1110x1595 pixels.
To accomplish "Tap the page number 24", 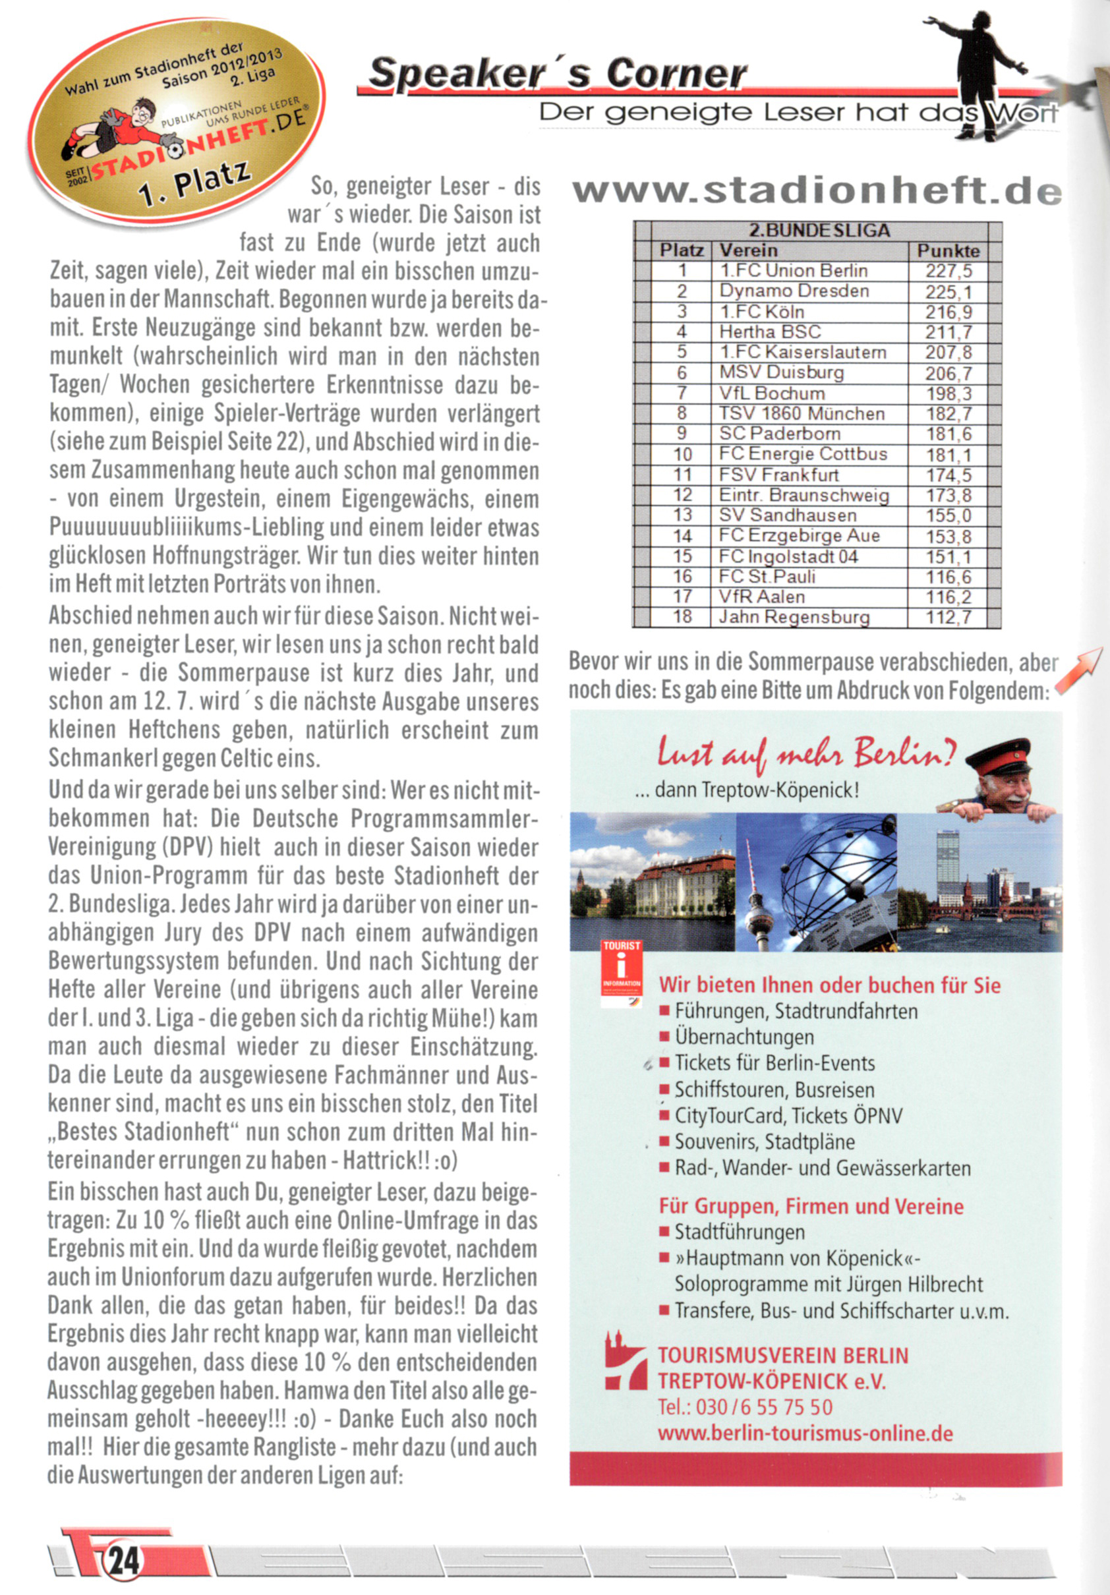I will pyautogui.click(x=125, y=1561).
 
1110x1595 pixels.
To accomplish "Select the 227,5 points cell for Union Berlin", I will pyautogui.click(x=948, y=271).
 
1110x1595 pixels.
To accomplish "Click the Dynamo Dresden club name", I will pyautogui.click(x=794, y=291).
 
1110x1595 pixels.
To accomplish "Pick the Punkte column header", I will pyautogui.click(x=948, y=250).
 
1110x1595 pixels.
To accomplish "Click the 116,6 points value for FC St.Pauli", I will pyautogui.click(x=948, y=577).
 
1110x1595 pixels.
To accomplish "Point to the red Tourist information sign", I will pyautogui.click(x=622, y=973).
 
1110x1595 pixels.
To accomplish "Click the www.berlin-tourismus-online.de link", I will pyautogui.click(x=805, y=1433).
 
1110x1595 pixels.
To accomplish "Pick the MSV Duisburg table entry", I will pyautogui.click(x=782, y=373).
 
